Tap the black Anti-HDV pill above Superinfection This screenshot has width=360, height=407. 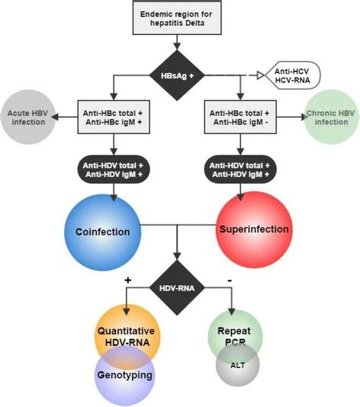click(x=247, y=168)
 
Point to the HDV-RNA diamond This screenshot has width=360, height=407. click(x=181, y=286)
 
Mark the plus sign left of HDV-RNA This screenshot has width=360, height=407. click(x=128, y=280)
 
